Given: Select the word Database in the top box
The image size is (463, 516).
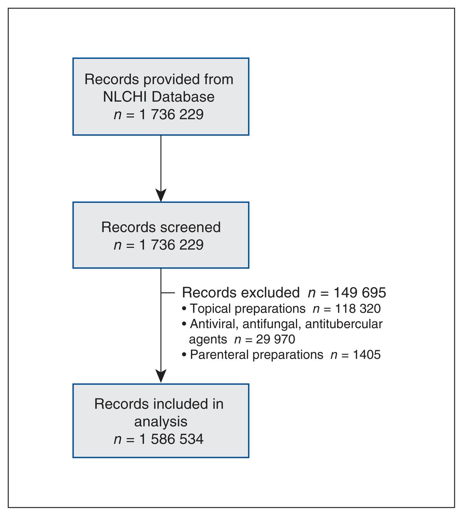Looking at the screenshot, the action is [183, 97].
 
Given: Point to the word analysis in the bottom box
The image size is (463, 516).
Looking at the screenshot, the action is [161, 422].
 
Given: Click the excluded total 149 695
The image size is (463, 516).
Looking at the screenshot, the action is [360, 293].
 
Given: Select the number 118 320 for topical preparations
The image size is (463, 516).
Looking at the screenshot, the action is [358, 309].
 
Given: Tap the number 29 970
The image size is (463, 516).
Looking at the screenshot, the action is [276, 339].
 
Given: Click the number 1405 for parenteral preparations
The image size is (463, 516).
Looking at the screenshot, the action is [367, 354].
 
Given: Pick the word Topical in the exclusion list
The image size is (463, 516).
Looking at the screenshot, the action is [210, 309].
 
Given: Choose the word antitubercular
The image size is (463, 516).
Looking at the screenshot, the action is [344, 324].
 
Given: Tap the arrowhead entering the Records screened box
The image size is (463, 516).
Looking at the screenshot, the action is [161, 196].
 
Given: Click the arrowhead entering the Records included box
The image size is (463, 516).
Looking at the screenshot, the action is [161, 376].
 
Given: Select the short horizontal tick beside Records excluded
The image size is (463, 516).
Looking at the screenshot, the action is [168, 293].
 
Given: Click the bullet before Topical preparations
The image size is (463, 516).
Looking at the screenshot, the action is [184, 309].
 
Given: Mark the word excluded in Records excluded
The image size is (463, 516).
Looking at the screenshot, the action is [270, 293].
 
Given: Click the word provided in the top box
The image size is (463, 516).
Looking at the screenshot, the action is [168, 80].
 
